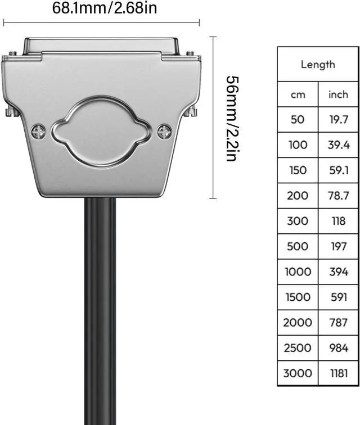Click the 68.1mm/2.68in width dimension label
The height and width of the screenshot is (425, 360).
(105, 8)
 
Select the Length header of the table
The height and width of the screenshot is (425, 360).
(318, 65)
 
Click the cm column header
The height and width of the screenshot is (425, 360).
(298, 94)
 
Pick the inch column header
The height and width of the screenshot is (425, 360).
(338, 94)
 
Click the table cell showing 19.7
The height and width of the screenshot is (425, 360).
(339, 120)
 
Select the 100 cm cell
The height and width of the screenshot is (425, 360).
(298, 144)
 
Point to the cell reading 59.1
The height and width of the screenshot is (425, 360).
(339, 170)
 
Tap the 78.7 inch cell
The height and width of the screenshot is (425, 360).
(339, 196)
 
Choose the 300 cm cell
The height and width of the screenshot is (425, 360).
(298, 221)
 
